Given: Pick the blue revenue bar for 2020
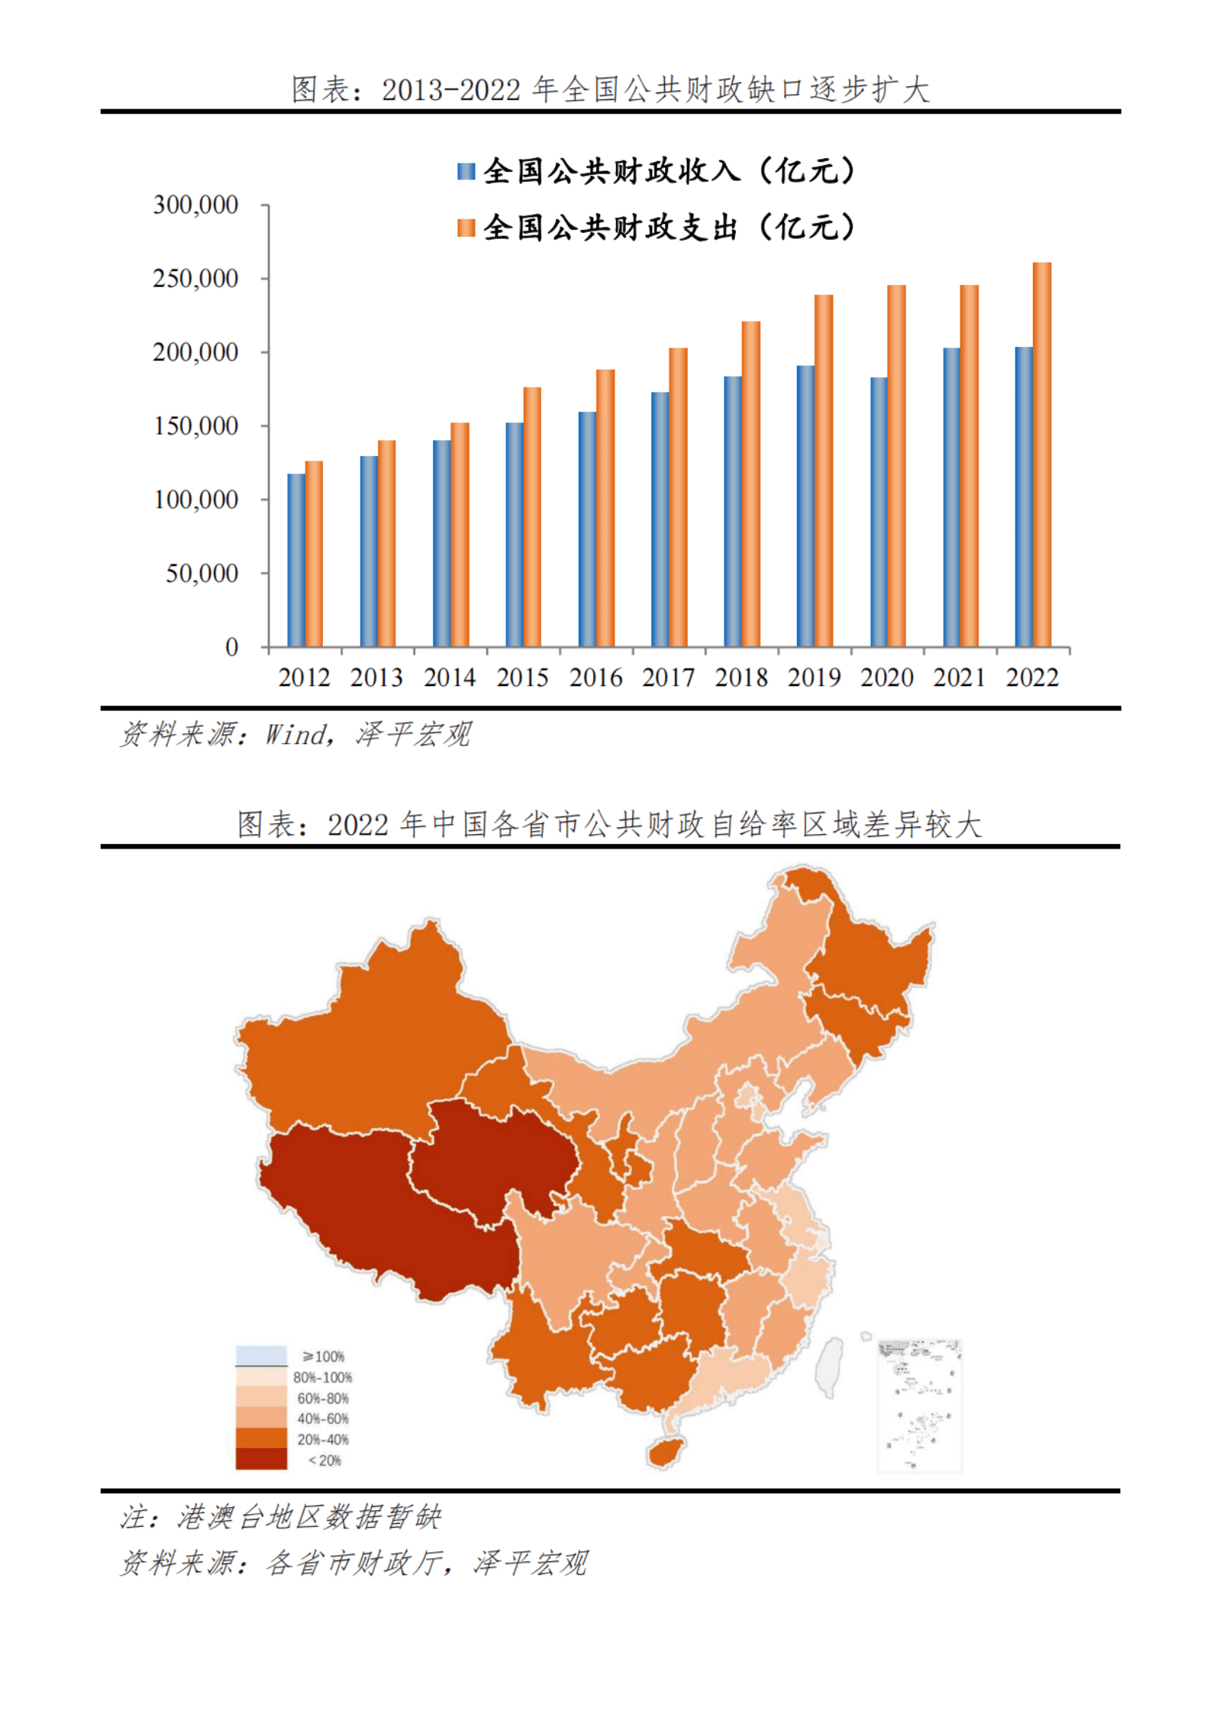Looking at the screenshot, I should pos(878,512).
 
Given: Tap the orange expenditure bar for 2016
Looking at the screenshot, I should pos(605,508).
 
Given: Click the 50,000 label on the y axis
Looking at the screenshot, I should pos(202,573).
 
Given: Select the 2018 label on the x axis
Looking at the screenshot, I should pos(741,678).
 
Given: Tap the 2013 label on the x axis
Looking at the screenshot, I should pos(376,678).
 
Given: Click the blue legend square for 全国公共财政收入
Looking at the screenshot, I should pos(466,171).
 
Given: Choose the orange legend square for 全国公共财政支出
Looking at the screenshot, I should pos(466,228).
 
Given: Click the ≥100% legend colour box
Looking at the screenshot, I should pos(261,1356).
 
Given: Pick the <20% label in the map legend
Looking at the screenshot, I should pos(324,1460).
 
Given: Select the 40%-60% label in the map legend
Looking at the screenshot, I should pos(323,1418).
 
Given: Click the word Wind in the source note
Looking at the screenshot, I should pos(295,735).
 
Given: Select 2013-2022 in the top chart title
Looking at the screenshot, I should pos(450,90).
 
